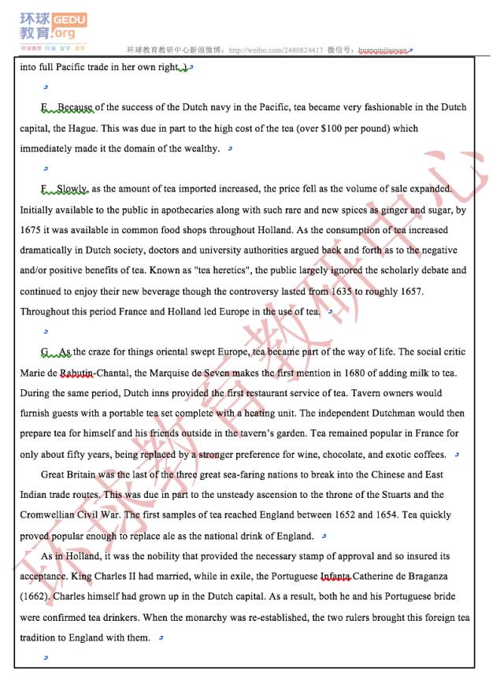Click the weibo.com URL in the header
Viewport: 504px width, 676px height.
click(276, 50)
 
